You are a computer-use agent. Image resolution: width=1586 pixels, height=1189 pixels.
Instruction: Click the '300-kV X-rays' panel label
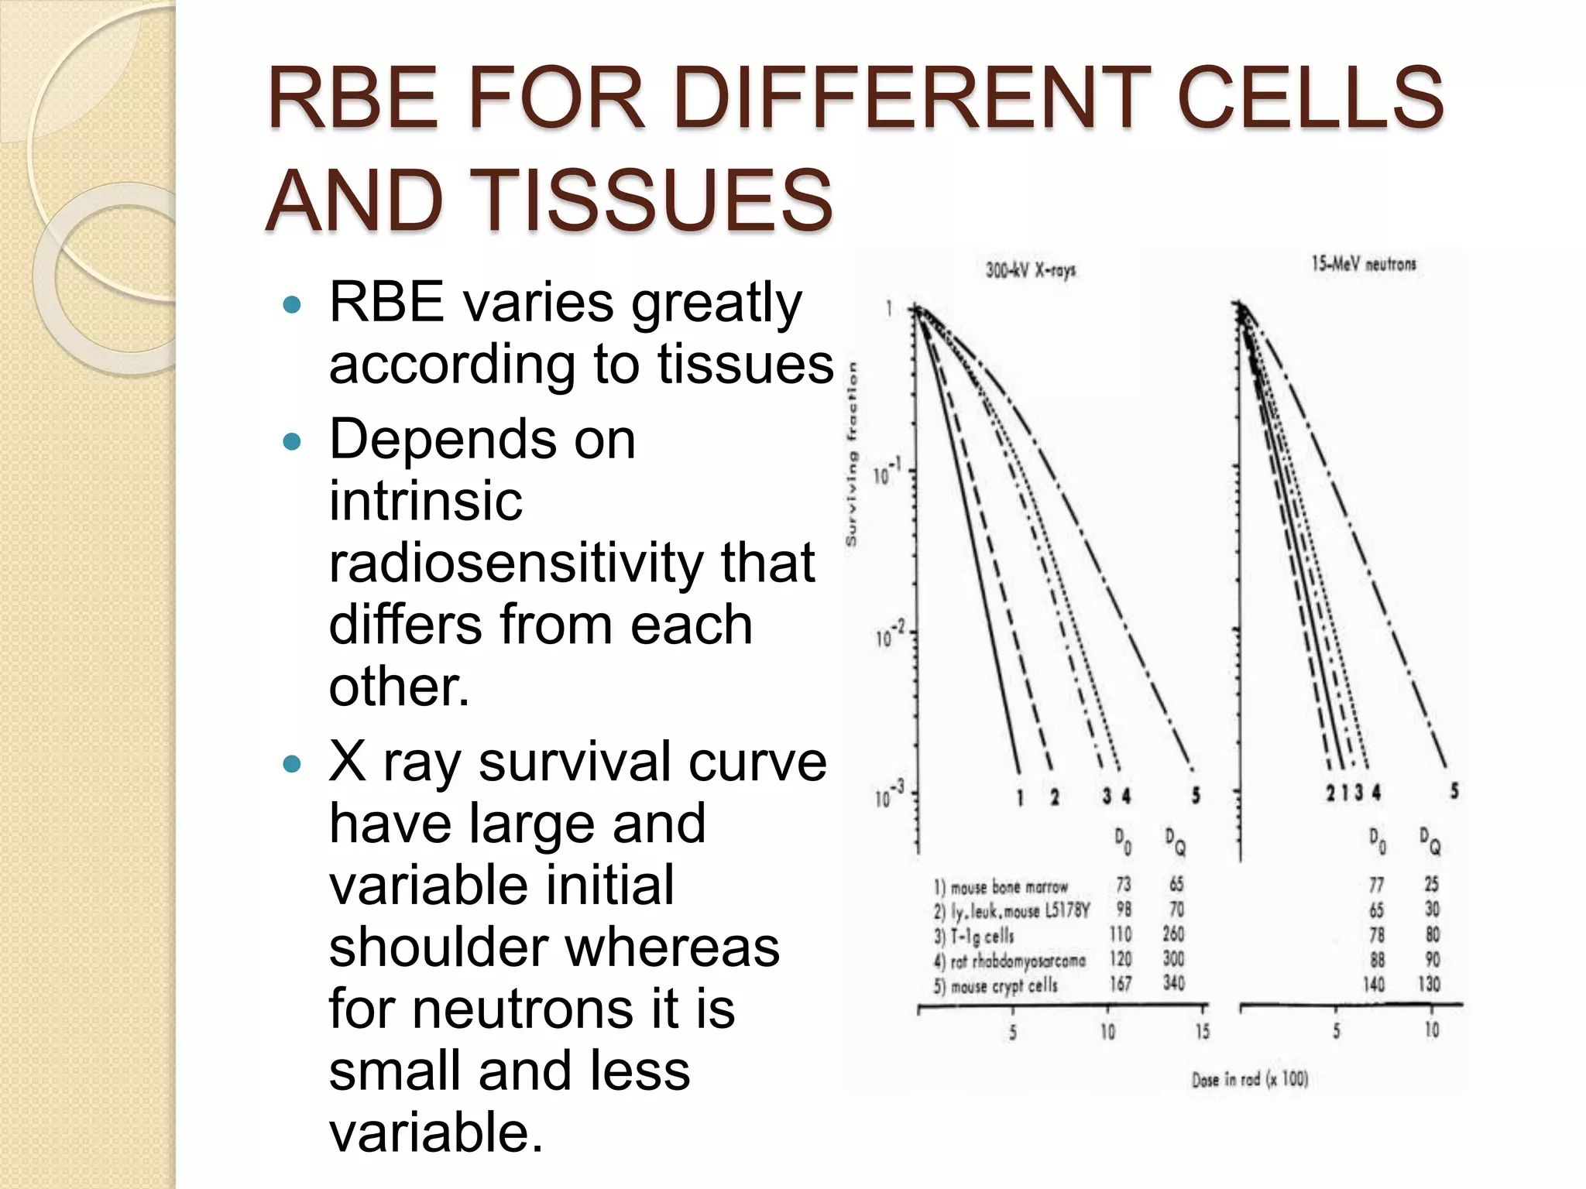click(x=1030, y=270)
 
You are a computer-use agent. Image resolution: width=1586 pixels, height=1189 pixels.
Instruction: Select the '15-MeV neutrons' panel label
click(x=1363, y=264)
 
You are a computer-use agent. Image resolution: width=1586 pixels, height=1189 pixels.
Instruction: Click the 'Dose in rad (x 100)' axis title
click(x=1250, y=1079)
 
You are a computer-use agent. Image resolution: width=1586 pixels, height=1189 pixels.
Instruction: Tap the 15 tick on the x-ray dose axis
click(x=1202, y=1031)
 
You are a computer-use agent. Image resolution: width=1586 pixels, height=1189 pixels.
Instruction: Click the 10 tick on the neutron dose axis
click(x=1431, y=1030)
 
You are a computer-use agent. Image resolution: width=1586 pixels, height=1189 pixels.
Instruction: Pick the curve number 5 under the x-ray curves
click(x=1196, y=795)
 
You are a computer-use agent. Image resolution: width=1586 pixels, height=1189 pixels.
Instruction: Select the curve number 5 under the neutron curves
click(x=1454, y=790)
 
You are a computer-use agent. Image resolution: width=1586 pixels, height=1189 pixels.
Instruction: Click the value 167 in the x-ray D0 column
click(x=1121, y=984)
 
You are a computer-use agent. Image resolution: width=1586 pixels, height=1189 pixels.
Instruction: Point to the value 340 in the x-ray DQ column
click(x=1173, y=983)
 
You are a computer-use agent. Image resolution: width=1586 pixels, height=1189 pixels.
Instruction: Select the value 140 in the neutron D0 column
click(x=1374, y=985)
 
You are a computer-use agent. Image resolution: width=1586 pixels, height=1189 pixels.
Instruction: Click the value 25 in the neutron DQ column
click(x=1432, y=884)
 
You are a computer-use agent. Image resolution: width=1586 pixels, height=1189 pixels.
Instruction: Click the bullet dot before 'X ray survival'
click(x=292, y=765)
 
